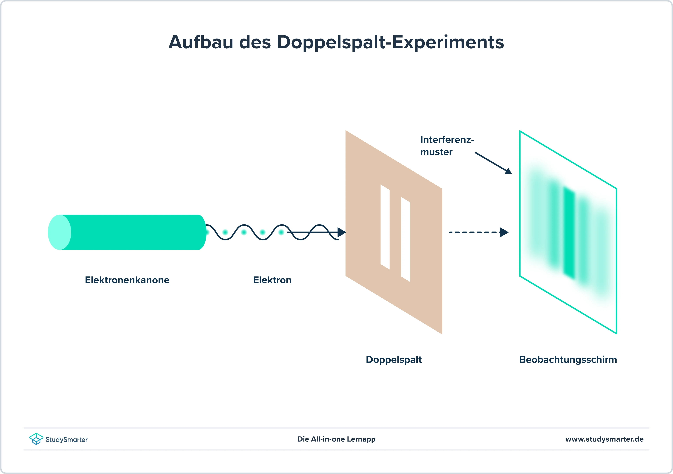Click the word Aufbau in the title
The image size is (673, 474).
click(x=201, y=42)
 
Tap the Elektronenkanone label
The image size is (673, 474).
click(x=127, y=280)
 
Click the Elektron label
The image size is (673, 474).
click(x=272, y=280)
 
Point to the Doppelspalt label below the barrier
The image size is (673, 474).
click(x=394, y=360)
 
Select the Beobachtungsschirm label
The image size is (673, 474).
click(x=568, y=360)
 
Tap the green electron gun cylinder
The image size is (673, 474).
click(x=127, y=232)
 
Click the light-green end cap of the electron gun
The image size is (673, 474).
click(x=60, y=232)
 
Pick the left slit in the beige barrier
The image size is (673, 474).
click(x=385, y=227)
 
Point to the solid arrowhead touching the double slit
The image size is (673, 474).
click(x=342, y=232)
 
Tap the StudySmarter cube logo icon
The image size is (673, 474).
click(x=36, y=439)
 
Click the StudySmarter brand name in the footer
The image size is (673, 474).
click(x=67, y=440)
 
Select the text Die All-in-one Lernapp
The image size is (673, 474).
click(x=336, y=439)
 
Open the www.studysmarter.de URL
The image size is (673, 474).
click(x=604, y=439)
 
